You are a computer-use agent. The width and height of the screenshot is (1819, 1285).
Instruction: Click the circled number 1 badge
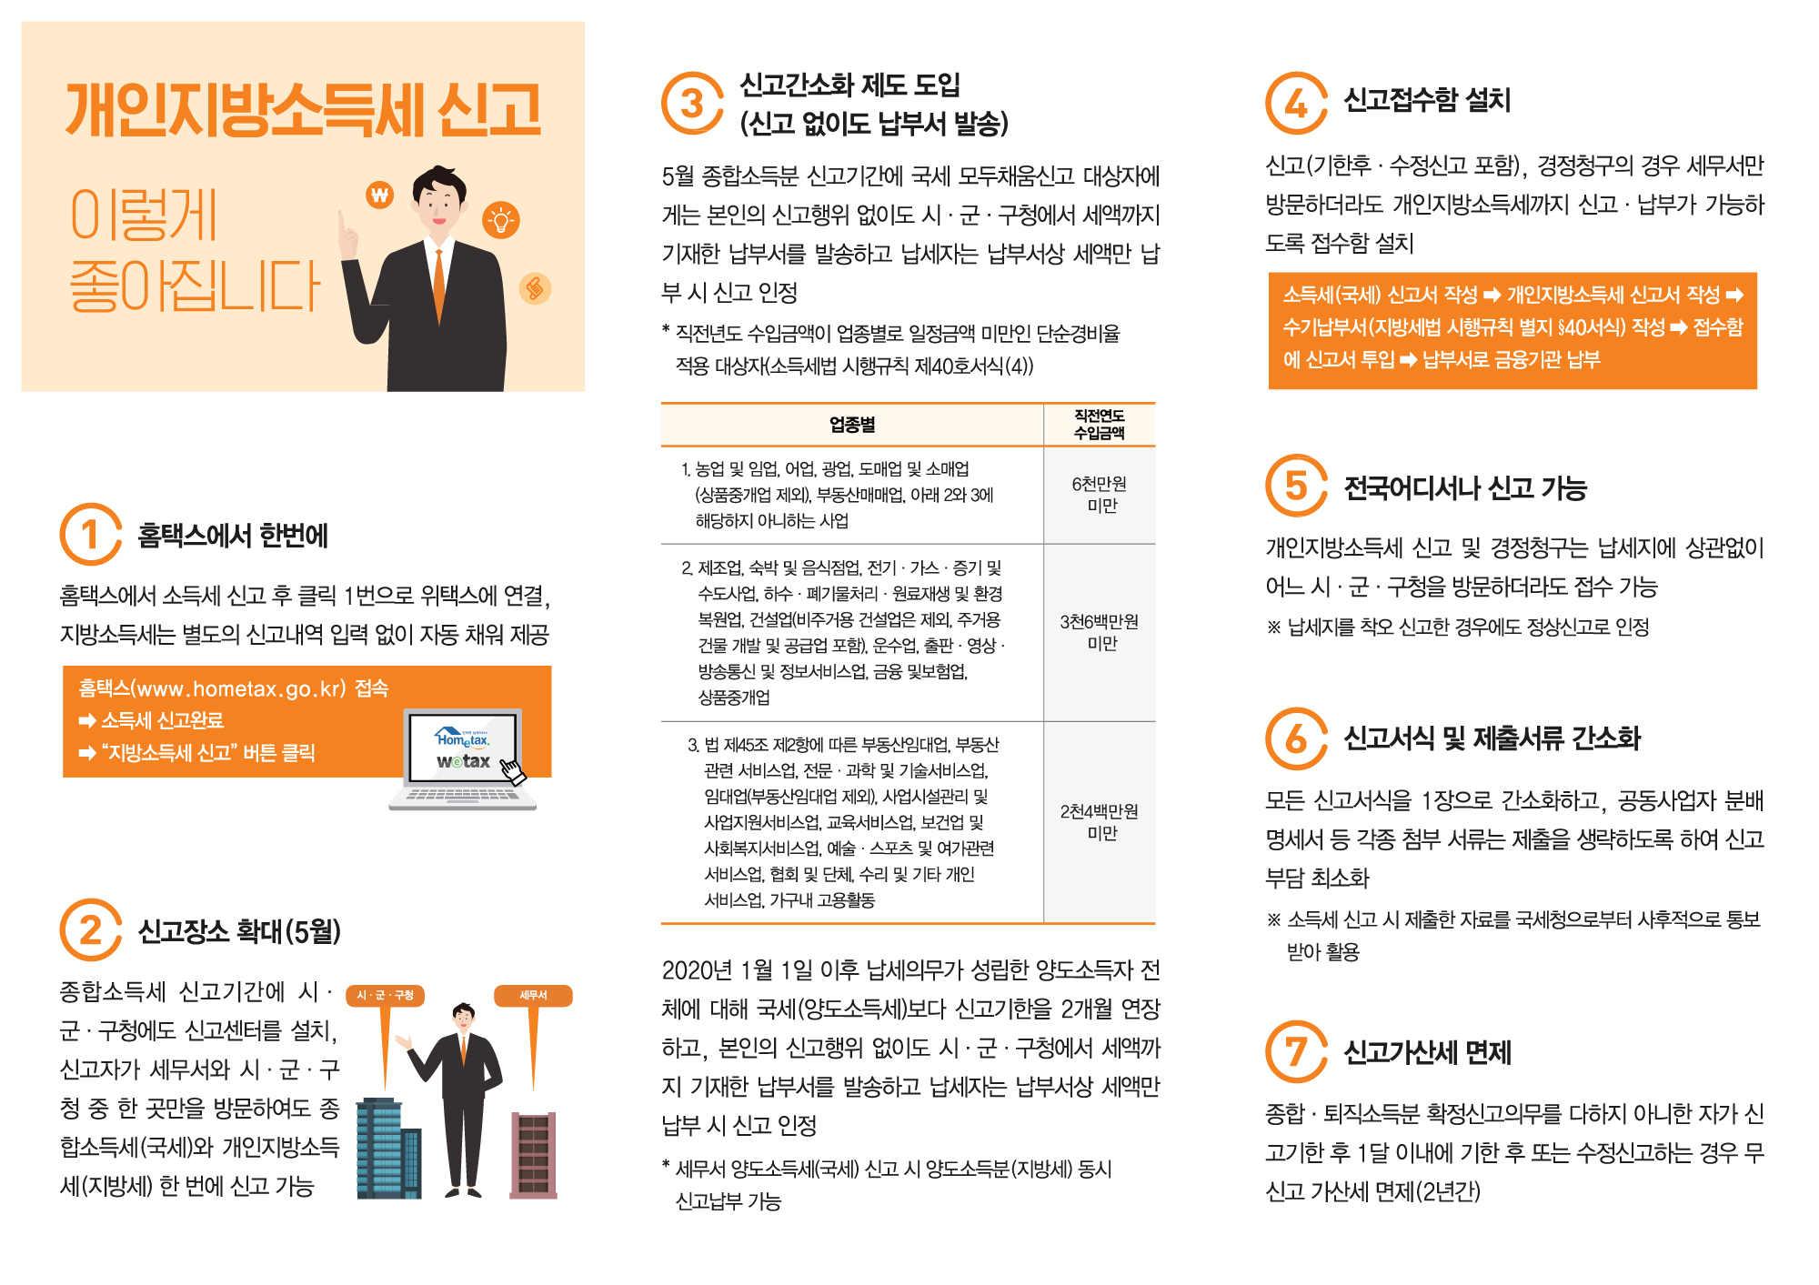click(90, 535)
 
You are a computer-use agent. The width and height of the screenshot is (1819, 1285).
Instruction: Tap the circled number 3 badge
click(692, 103)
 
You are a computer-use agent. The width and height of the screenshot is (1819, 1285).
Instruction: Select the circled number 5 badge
click(1296, 485)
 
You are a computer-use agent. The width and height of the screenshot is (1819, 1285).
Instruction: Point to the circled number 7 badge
click(1296, 1051)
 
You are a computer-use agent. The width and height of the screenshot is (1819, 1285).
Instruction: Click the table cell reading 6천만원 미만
click(1100, 495)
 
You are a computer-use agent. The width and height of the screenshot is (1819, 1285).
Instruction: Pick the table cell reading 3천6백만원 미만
click(1100, 632)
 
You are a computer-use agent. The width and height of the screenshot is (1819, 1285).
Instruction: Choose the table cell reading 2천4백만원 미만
click(1100, 822)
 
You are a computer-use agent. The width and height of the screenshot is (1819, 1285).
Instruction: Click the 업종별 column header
click(852, 425)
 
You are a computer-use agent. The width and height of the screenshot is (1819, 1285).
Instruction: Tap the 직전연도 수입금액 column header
click(1100, 425)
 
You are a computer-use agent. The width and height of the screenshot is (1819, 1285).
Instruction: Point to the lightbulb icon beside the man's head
click(500, 219)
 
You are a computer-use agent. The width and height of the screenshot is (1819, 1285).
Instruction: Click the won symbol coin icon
click(380, 194)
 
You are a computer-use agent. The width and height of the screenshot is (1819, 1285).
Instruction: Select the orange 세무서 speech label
click(533, 996)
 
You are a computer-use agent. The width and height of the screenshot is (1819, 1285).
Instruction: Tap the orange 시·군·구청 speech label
click(386, 996)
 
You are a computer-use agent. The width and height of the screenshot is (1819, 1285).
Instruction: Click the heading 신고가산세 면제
click(1428, 1052)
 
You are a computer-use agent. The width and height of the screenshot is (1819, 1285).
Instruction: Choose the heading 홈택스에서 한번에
click(233, 536)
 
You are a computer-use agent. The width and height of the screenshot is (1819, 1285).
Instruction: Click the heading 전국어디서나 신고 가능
click(1466, 488)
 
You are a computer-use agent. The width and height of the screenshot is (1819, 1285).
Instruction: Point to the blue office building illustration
click(389, 1148)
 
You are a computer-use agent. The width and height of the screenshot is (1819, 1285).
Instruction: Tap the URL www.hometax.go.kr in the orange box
click(241, 688)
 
